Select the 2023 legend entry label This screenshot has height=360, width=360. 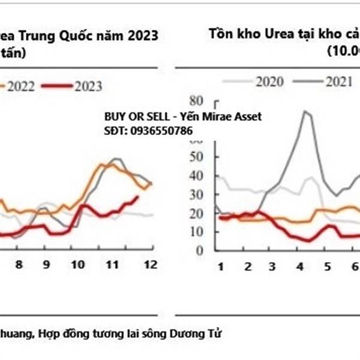click(88, 86)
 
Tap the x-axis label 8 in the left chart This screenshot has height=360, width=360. click(19, 265)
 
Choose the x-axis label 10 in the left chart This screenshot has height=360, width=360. click(77, 265)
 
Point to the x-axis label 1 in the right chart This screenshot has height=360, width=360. click(220, 266)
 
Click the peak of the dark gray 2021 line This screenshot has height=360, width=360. click(306, 111)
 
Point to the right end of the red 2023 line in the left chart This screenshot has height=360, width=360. click(137, 197)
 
